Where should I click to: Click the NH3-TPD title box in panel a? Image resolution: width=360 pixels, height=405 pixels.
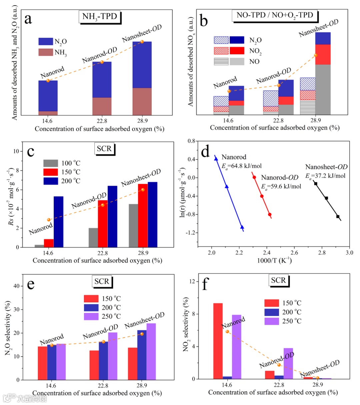pyautogui.click(x=99, y=17)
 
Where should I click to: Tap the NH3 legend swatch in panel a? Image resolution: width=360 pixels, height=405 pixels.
pyautogui.click(x=46, y=52)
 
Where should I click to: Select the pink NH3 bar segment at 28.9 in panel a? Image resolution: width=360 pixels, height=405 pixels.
pyautogui.click(x=142, y=101)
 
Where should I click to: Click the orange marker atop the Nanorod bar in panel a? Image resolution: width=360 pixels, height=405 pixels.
pyautogui.click(x=48, y=81)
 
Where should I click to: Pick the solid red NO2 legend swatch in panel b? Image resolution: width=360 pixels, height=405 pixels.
pyautogui.click(x=237, y=51)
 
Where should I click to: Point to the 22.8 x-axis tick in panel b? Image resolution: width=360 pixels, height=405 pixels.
pyautogui.click(x=278, y=120)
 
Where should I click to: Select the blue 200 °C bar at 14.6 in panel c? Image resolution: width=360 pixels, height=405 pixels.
pyautogui.click(x=58, y=222)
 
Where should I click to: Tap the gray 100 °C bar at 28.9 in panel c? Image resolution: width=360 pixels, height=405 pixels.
pyautogui.click(x=133, y=225)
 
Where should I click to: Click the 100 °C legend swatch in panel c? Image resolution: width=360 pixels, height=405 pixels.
pyautogui.click(x=51, y=163)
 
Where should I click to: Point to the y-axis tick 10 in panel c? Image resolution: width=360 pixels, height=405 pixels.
pyautogui.click(x=16, y=151)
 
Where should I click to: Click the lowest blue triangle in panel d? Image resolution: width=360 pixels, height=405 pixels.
pyautogui.click(x=242, y=227)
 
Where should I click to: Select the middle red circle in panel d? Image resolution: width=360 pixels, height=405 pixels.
pyautogui.click(x=262, y=196)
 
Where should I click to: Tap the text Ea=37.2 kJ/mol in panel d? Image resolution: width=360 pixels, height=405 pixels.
pyautogui.click(x=325, y=176)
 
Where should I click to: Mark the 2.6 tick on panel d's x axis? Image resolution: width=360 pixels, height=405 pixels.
pyautogui.click(x=294, y=253)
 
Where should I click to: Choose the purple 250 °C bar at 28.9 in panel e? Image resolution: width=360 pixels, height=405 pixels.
pyautogui.click(x=151, y=351)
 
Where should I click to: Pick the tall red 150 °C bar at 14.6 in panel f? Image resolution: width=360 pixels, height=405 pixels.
pyautogui.click(x=218, y=341)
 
